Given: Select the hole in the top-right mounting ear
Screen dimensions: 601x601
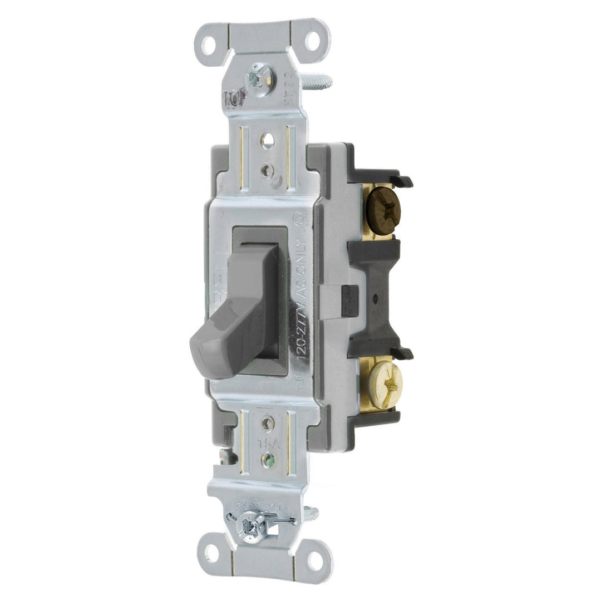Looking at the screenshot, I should click(x=313, y=39).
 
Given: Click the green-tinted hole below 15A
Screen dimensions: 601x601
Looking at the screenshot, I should click(x=270, y=460).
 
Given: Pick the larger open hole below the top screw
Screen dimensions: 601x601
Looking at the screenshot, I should click(x=267, y=139).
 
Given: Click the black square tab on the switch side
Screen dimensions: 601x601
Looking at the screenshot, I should click(x=349, y=300).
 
